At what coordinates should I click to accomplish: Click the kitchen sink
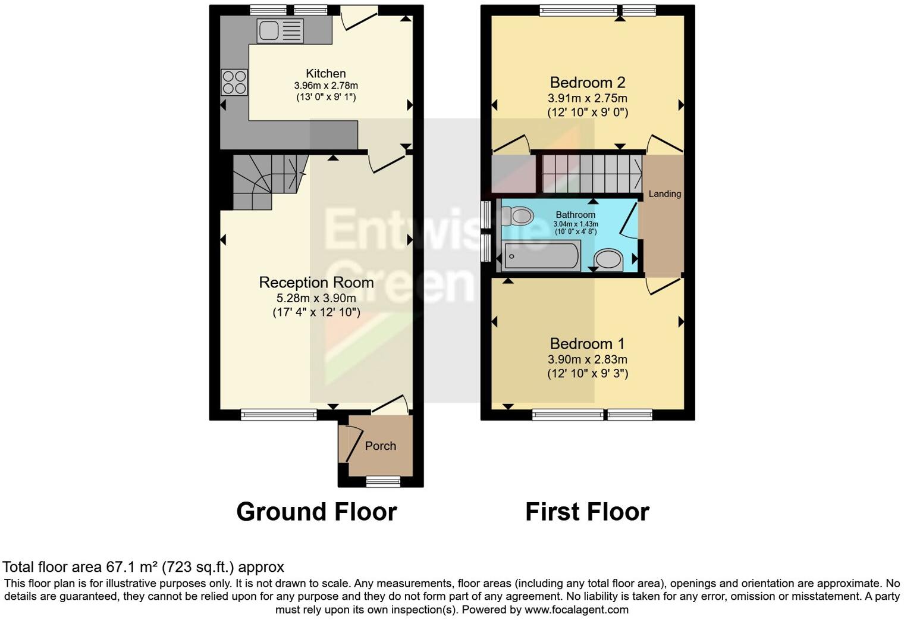pos(280,31)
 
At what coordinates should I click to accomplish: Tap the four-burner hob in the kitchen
pos(234,82)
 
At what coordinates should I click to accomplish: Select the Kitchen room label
pos(325,74)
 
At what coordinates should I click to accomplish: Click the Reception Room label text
pos(316,283)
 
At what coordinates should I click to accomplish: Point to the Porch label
pos(380,446)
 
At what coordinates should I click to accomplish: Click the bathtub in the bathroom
pos(540,256)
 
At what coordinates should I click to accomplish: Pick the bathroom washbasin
pos(608,259)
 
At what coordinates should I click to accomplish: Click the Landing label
pos(664,194)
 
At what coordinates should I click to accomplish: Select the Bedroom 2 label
pos(587,83)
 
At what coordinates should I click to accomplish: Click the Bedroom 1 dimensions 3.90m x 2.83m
pos(587,359)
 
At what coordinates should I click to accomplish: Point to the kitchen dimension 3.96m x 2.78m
pos(325,86)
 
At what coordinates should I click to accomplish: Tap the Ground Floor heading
pos(316,512)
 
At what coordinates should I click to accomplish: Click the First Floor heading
pos(587,512)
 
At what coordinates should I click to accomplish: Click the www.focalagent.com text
pos(576,610)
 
